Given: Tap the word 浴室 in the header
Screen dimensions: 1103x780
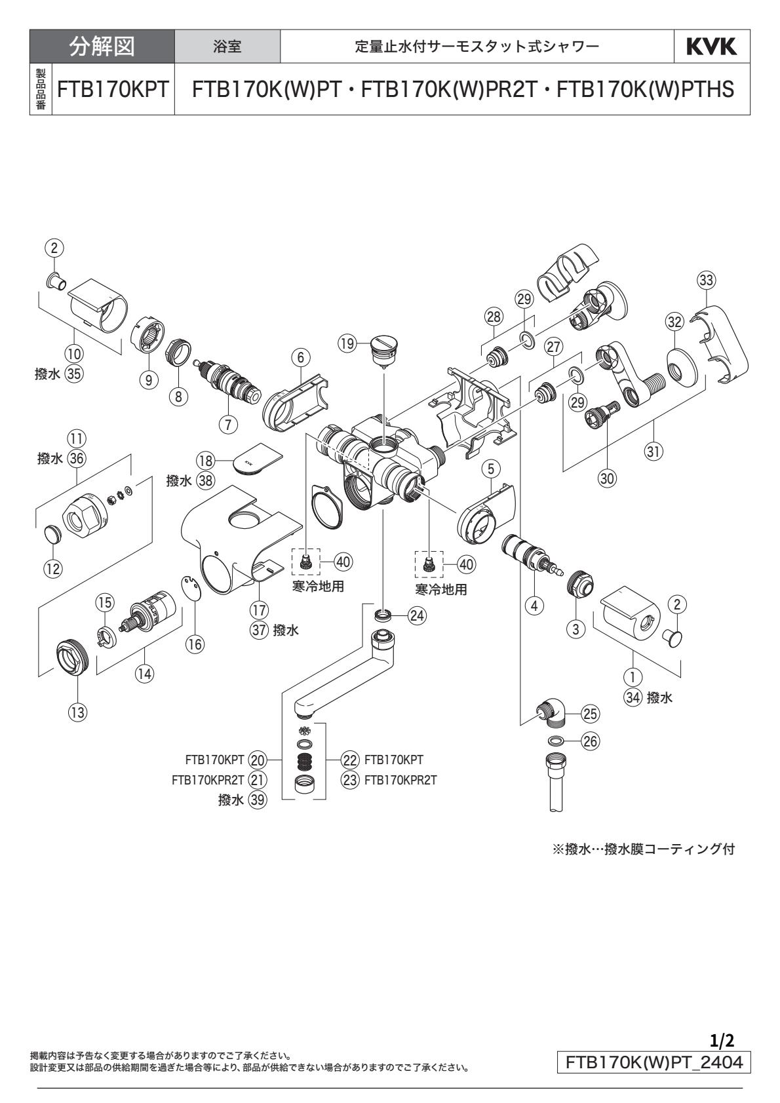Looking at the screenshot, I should pos(227,47).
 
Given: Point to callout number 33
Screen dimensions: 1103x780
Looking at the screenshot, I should pos(706,280).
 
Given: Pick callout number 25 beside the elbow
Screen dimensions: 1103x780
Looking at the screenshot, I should pos(590,712).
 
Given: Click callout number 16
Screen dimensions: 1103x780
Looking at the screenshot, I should pos(194,644).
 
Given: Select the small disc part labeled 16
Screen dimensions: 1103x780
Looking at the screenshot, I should pos(189,587).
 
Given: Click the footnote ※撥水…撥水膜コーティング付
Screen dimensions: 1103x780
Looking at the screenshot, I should pos(644,849).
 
